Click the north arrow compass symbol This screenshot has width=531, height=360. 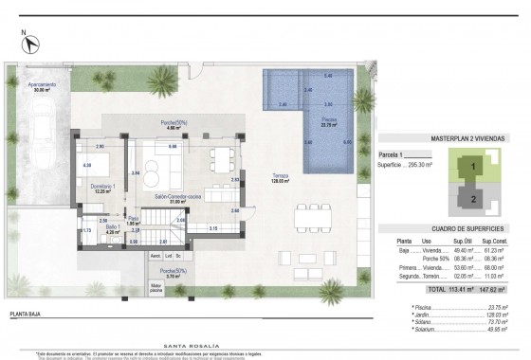29,44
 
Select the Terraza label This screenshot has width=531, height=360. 281,177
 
